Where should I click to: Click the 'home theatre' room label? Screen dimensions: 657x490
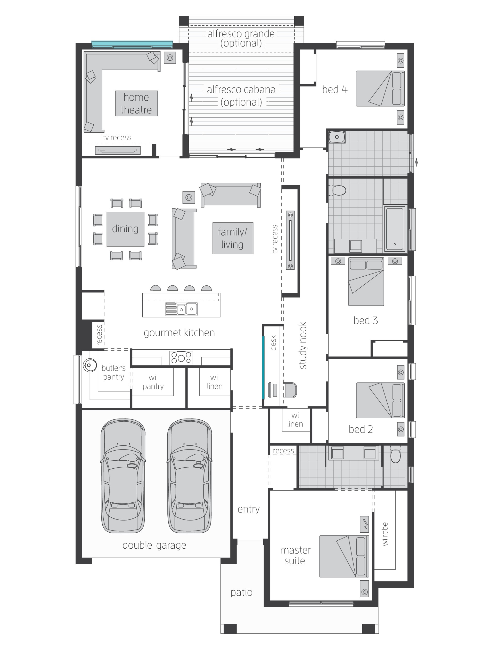tap(136, 103)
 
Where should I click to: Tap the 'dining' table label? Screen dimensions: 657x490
tap(125, 229)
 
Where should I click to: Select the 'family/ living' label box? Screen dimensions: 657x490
tap(233, 238)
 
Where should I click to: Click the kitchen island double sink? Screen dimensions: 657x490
tap(182, 309)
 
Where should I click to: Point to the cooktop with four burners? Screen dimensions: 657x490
tap(181, 358)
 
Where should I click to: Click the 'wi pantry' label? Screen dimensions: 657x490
tap(153, 382)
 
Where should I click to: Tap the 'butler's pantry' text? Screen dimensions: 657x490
tap(113, 372)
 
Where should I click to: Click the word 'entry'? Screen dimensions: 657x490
tap(249, 509)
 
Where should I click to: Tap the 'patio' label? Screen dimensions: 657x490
tap(241, 592)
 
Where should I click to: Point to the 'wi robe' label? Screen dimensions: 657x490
tap(385, 534)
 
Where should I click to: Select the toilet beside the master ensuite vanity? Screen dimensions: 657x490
tap(395, 455)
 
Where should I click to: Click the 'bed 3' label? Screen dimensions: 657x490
tap(365, 321)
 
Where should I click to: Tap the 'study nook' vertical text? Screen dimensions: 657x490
tap(303, 346)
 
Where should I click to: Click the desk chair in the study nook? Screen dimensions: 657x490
tap(290, 390)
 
